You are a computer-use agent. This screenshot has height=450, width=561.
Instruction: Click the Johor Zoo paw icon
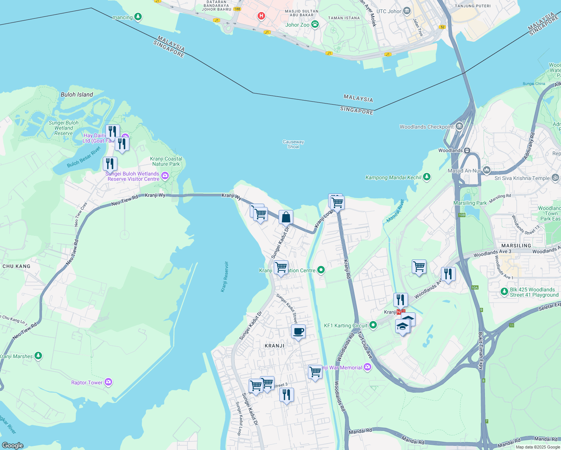pyautogui.click(x=315, y=25)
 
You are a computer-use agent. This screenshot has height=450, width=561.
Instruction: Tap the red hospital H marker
pyautogui.click(x=261, y=16)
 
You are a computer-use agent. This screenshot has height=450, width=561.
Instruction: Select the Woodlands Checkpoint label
pyautogui.click(x=426, y=127)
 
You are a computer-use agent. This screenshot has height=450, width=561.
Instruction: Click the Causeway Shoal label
pyautogui.click(x=293, y=144)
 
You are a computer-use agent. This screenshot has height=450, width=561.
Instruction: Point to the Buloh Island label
pyautogui.click(x=77, y=94)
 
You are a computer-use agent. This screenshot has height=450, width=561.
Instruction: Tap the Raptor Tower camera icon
pyautogui.click(x=108, y=382)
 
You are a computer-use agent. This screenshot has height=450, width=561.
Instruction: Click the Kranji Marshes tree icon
pyautogui.click(x=38, y=355)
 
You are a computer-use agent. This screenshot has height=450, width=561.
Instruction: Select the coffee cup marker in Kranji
pyautogui.click(x=298, y=331)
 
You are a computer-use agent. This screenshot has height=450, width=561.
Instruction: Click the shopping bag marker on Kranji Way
pyautogui.click(x=286, y=217)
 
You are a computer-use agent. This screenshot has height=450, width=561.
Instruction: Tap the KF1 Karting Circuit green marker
pyautogui.click(x=373, y=325)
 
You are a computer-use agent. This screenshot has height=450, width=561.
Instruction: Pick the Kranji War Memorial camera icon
pyautogui.click(x=367, y=367)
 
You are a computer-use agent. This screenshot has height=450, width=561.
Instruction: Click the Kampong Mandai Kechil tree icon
pyautogui.click(x=426, y=177)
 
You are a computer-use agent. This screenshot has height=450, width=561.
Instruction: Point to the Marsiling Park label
pyautogui.click(x=470, y=203)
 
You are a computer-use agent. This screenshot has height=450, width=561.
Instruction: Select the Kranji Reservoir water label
pyautogui.click(x=224, y=277)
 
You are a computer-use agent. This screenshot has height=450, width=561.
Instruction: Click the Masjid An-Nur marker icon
pyautogui.click(x=486, y=170)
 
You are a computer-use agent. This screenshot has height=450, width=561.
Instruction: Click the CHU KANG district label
pyautogui.click(x=16, y=266)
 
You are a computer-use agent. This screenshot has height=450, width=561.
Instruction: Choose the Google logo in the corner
pyautogui.click(x=13, y=445)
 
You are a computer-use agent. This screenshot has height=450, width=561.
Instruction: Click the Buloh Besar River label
pyautogui.click(x=84, y=157)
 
